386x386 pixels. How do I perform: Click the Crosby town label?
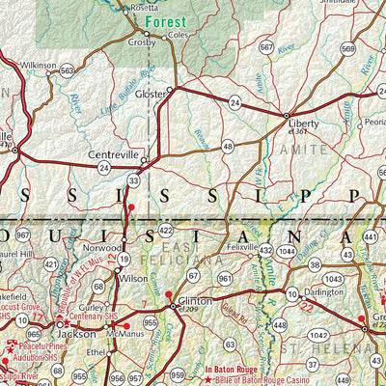(141, 43)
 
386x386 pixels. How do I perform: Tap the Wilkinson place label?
(39, 65)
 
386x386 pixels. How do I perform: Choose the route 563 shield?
(68, 70)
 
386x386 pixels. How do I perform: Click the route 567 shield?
(266, 46)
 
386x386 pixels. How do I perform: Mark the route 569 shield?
(347, 48)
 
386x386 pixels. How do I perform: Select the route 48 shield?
(228, 147)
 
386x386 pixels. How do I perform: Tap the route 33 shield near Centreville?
(133, 179)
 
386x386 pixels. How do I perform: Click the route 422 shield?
(166, 231)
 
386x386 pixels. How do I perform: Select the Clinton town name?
(191, 301)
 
